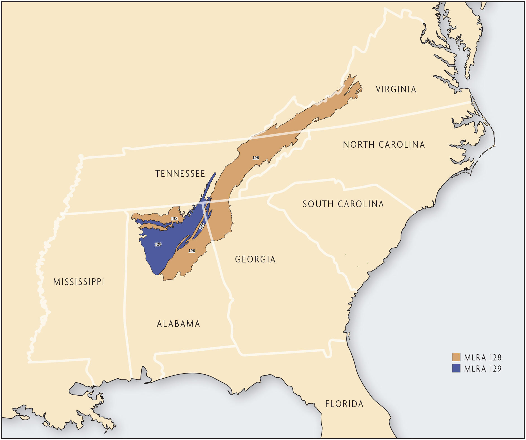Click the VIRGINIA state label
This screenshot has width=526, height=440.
396,89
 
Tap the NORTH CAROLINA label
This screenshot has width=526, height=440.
384,145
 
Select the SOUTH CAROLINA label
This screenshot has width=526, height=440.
343,204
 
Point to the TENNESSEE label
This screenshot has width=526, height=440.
180,174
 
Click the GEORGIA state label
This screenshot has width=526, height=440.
255,259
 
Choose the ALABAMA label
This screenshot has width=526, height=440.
178,324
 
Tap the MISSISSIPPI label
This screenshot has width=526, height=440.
79,282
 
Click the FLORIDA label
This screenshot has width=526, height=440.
344,404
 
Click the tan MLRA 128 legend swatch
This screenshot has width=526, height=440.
456,357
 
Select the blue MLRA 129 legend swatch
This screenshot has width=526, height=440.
456,368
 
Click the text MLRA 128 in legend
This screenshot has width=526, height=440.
483,358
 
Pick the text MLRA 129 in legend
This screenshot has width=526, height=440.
483,369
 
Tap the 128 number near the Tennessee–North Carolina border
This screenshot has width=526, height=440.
256,158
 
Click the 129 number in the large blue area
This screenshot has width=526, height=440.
158,245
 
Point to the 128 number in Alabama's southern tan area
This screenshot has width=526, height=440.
192,251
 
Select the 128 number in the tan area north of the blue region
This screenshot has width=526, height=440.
174,219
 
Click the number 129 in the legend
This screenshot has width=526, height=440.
495,369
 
